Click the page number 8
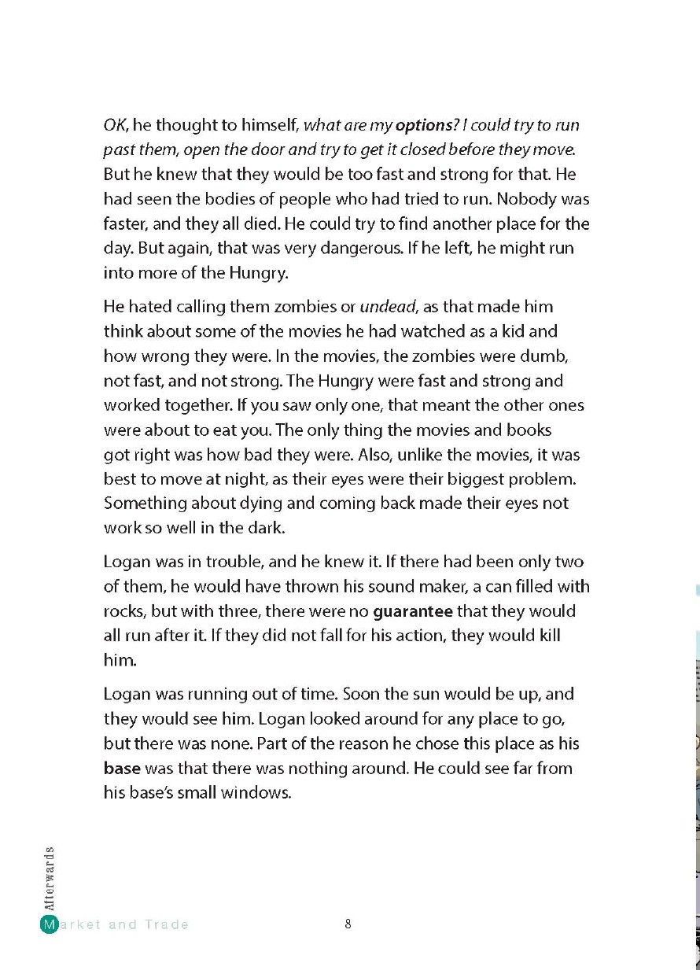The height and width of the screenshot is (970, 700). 348,924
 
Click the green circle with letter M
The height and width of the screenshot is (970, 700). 49,924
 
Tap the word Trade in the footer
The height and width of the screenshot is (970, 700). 167,924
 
